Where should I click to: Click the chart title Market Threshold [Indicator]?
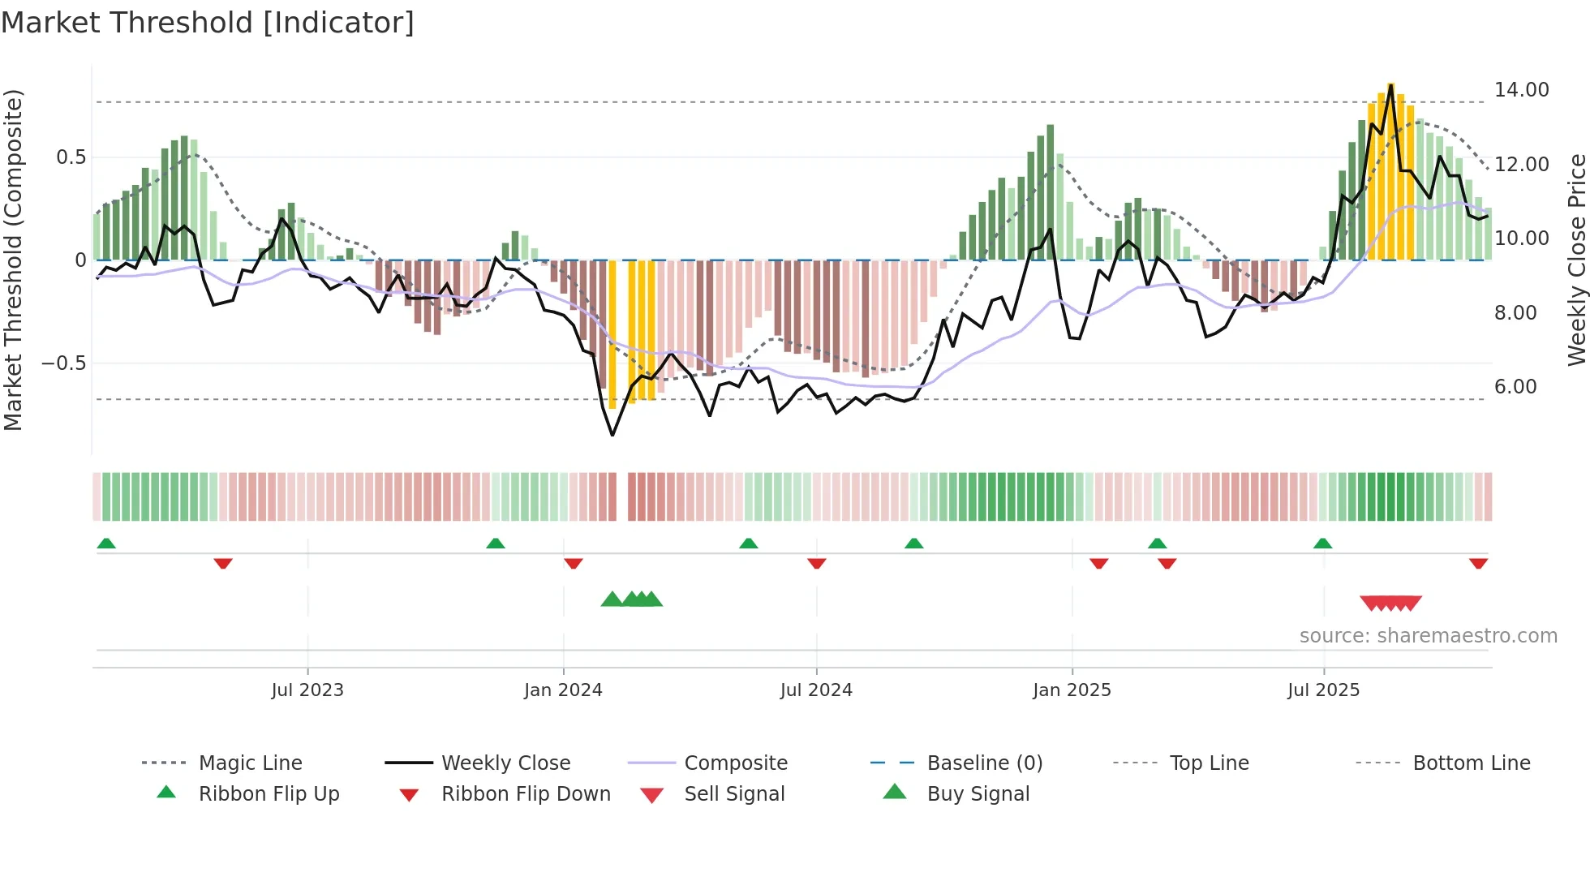point(208,23)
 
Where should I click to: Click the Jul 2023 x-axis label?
point(307,690)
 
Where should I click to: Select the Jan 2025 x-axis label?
point(1072,690)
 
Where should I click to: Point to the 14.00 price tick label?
point(1521,90)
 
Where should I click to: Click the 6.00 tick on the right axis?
point(1515,387)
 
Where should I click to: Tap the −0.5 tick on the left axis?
point(63,363)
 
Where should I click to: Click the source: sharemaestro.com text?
point(1428,636)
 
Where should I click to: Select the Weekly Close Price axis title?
point(1576,260)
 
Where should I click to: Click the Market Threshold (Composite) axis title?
point(14,260)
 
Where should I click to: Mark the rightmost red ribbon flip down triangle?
point(1478,563)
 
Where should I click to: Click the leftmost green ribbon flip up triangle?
point(106,544)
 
